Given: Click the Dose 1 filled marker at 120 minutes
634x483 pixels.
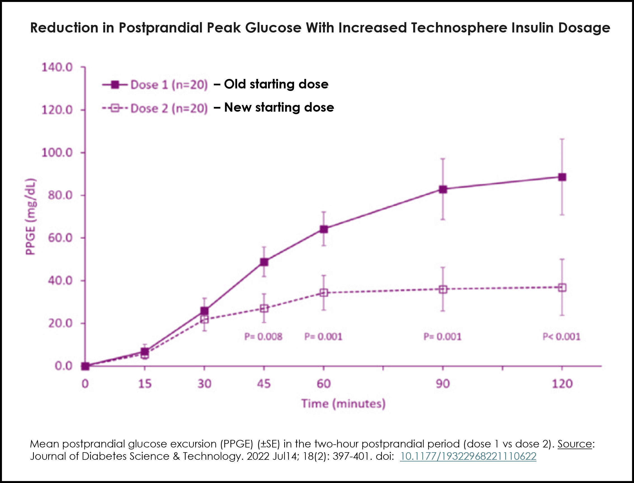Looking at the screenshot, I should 562,177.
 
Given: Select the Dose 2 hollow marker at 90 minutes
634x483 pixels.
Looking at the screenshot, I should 443,289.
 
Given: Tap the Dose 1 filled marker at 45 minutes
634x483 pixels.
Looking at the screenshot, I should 264,262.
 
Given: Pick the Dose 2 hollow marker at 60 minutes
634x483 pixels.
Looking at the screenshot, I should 324,293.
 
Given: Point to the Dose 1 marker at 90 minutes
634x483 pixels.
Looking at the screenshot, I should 443,189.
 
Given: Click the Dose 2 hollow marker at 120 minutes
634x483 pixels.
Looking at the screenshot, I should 562,287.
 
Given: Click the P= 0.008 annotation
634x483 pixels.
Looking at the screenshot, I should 263,337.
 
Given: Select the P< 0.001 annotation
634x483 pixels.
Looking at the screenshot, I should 561,337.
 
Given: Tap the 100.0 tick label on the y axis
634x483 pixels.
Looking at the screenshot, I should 57,153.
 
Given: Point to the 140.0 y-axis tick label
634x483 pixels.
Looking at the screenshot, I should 57,67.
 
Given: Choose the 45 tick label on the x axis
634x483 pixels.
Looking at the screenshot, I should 264,384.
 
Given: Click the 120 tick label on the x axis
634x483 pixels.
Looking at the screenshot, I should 562,384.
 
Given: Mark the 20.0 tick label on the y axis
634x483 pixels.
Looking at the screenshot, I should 60,323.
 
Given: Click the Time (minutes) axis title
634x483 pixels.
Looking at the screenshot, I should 343,404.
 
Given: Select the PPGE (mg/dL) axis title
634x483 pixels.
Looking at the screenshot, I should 30,217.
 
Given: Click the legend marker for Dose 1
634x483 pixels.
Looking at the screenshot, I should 115,85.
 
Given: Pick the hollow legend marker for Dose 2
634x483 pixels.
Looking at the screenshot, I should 115,108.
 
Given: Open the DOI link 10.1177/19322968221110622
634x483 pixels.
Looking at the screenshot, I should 468,456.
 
